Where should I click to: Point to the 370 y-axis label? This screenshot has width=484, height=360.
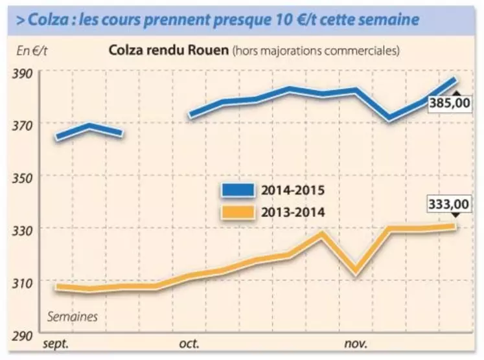click(x=25, y=123)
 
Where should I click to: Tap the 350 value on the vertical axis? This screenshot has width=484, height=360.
click(x=25, y=176)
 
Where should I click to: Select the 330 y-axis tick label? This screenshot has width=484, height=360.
click(x=25, y=229)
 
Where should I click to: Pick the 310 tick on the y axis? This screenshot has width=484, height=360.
click(x=25, y=281)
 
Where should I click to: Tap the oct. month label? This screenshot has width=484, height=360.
click(x=189, y=343)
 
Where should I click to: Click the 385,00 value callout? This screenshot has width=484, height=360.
click(x=451, y=104)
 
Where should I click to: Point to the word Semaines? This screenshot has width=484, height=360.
click(x=73, y=317)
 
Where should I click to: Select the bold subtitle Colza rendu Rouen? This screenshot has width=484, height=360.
click(x=168, y=50)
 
